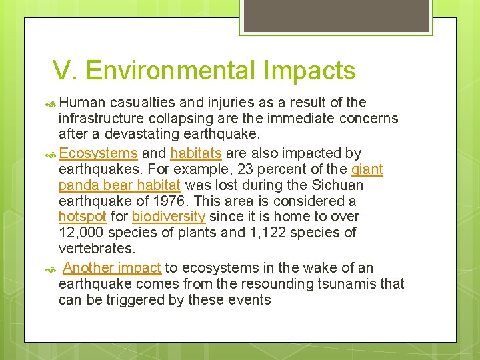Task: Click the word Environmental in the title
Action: coord(171,71)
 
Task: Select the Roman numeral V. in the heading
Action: coord(65,71)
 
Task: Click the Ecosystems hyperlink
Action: coord(98,153)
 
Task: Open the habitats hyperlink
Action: coord(196,153)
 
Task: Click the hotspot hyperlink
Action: coord(83,217)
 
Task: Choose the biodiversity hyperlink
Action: coord(169,217)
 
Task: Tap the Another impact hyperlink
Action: coord(112,268)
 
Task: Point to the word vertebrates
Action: coord(97,249)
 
